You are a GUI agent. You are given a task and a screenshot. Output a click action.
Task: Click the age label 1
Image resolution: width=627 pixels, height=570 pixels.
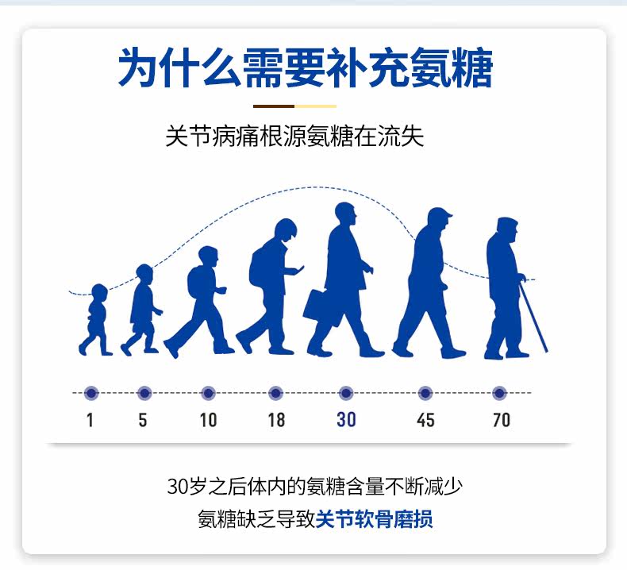[90, 419]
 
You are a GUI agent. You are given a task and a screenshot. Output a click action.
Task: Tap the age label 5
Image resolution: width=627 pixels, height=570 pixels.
[143, 419]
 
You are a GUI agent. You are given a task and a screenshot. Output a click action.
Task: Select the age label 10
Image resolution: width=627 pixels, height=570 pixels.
[208, 419]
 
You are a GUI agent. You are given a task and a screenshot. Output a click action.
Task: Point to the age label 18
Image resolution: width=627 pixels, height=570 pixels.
[276, 419]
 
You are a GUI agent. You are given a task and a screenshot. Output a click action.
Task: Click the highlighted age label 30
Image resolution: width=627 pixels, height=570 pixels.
[346, 419]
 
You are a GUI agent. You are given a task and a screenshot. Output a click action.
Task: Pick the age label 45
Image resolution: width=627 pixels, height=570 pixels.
[425, 419]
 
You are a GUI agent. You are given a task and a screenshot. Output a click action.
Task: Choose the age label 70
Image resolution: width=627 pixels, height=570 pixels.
[501, 419]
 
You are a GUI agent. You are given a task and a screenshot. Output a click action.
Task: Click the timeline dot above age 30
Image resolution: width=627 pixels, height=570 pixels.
[346, 393]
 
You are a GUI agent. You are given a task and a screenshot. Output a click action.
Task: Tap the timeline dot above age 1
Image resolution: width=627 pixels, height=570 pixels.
[90, 393]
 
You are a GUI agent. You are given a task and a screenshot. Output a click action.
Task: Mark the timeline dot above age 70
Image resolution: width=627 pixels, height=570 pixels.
[499, 393]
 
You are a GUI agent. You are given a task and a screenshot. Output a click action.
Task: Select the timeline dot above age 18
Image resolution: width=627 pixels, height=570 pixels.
[275, 393]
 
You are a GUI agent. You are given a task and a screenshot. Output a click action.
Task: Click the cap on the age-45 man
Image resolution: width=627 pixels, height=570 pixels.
[439, 214]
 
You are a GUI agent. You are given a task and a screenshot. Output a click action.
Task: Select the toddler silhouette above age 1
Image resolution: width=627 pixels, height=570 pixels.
[95, 318]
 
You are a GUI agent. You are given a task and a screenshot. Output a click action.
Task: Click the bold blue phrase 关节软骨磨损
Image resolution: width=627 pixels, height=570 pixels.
[375, 520]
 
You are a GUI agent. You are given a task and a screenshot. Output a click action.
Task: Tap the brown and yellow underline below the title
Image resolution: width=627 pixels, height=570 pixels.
[294, 106]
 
